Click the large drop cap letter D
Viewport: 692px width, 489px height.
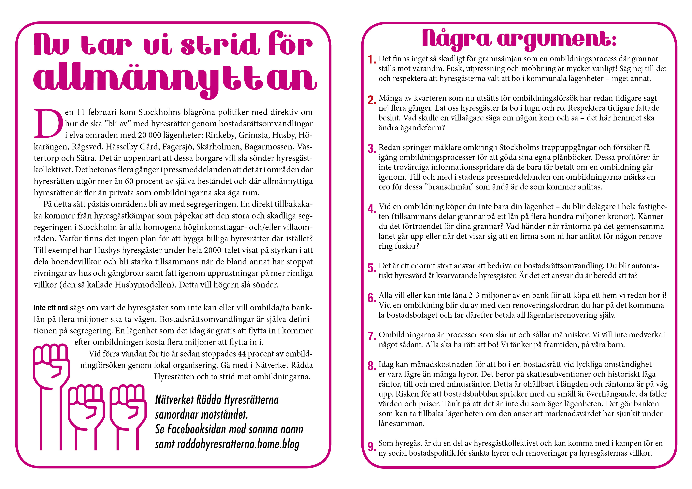coord(48,123)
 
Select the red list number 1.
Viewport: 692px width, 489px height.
coord(371,60)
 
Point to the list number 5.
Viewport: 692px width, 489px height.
coord(371,268)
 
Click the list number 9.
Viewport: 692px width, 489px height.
coord(371,446)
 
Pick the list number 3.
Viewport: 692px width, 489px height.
coord(371,148)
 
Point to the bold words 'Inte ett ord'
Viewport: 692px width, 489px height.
coord(51,308)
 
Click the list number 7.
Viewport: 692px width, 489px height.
coord(371,336)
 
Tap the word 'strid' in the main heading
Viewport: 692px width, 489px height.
coord(220,45)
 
